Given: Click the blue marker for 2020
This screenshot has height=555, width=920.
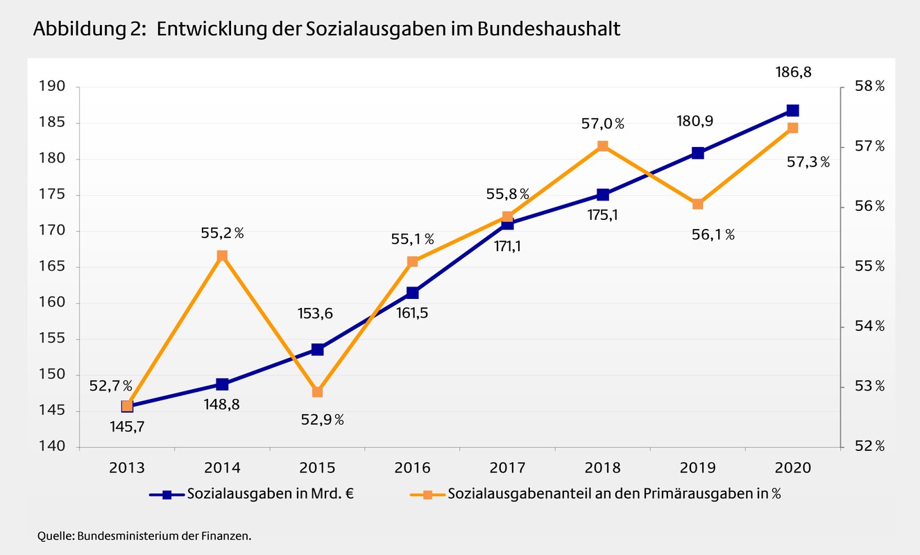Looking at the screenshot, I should [x=792, y=110].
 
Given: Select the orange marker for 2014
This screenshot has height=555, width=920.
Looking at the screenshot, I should [x=222, y=256].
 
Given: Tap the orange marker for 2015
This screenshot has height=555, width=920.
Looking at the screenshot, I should [x=317, y=392].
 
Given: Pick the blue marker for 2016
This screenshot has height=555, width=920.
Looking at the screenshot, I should [x=412, y=293].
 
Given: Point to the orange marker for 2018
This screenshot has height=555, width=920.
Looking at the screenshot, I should [x=602, y=146].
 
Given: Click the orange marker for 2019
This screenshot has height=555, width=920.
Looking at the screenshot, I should [x=697, y=204].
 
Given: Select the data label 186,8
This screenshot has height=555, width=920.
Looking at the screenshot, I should [x=792, y=71].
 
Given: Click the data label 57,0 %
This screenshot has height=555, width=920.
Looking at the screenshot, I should [x=602, y=124].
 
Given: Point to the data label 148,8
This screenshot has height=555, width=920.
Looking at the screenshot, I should [x=222, y=404].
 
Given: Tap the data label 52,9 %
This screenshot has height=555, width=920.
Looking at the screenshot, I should [x=321, y=420].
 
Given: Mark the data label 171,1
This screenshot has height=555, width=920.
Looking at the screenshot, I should [x=507, y=246].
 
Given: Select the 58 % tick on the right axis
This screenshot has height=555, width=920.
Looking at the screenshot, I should [x=869, y=87].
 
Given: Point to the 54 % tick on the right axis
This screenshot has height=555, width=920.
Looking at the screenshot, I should [x=869, y=326].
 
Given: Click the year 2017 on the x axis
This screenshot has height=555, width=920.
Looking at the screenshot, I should [x=507, y=468].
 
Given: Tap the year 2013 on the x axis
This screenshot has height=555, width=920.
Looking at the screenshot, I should [x=127, y=468].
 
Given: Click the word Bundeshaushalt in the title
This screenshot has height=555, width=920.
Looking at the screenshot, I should [x=548, y=30].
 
